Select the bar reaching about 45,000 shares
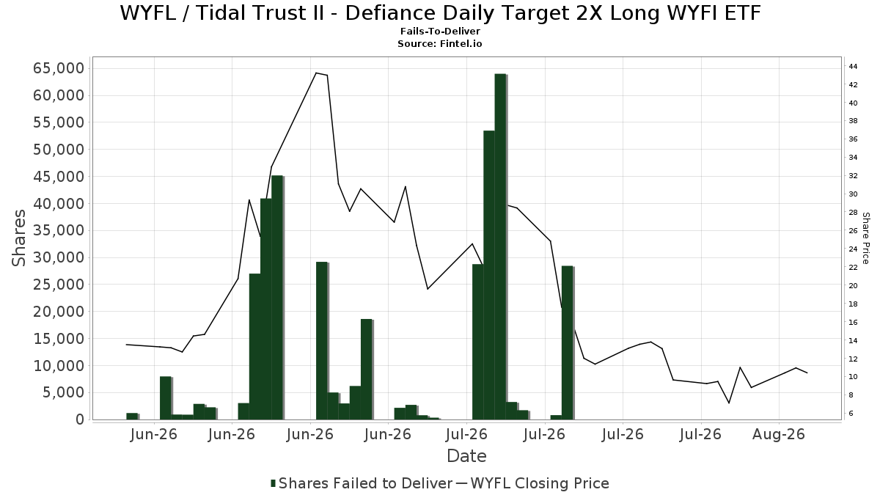point(277,298)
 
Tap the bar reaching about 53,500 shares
point(489,275)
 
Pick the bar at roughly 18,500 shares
point(367,370)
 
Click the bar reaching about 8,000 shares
point(166,398)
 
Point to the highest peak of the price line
point(316,73)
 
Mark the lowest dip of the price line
point(729,403)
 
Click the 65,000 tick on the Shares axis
point(59,68)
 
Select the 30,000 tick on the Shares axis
point(59,257)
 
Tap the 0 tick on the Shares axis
point(80,419)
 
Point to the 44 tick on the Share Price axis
point(853,67)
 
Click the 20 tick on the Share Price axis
point(853,285)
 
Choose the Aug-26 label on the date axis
point(779,435)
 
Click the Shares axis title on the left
point(18,238)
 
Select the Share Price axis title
point(865,238)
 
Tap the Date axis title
point(466,456)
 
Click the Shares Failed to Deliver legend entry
point(362,483)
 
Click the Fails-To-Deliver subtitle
point(440,31)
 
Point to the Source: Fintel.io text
point(440,43)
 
